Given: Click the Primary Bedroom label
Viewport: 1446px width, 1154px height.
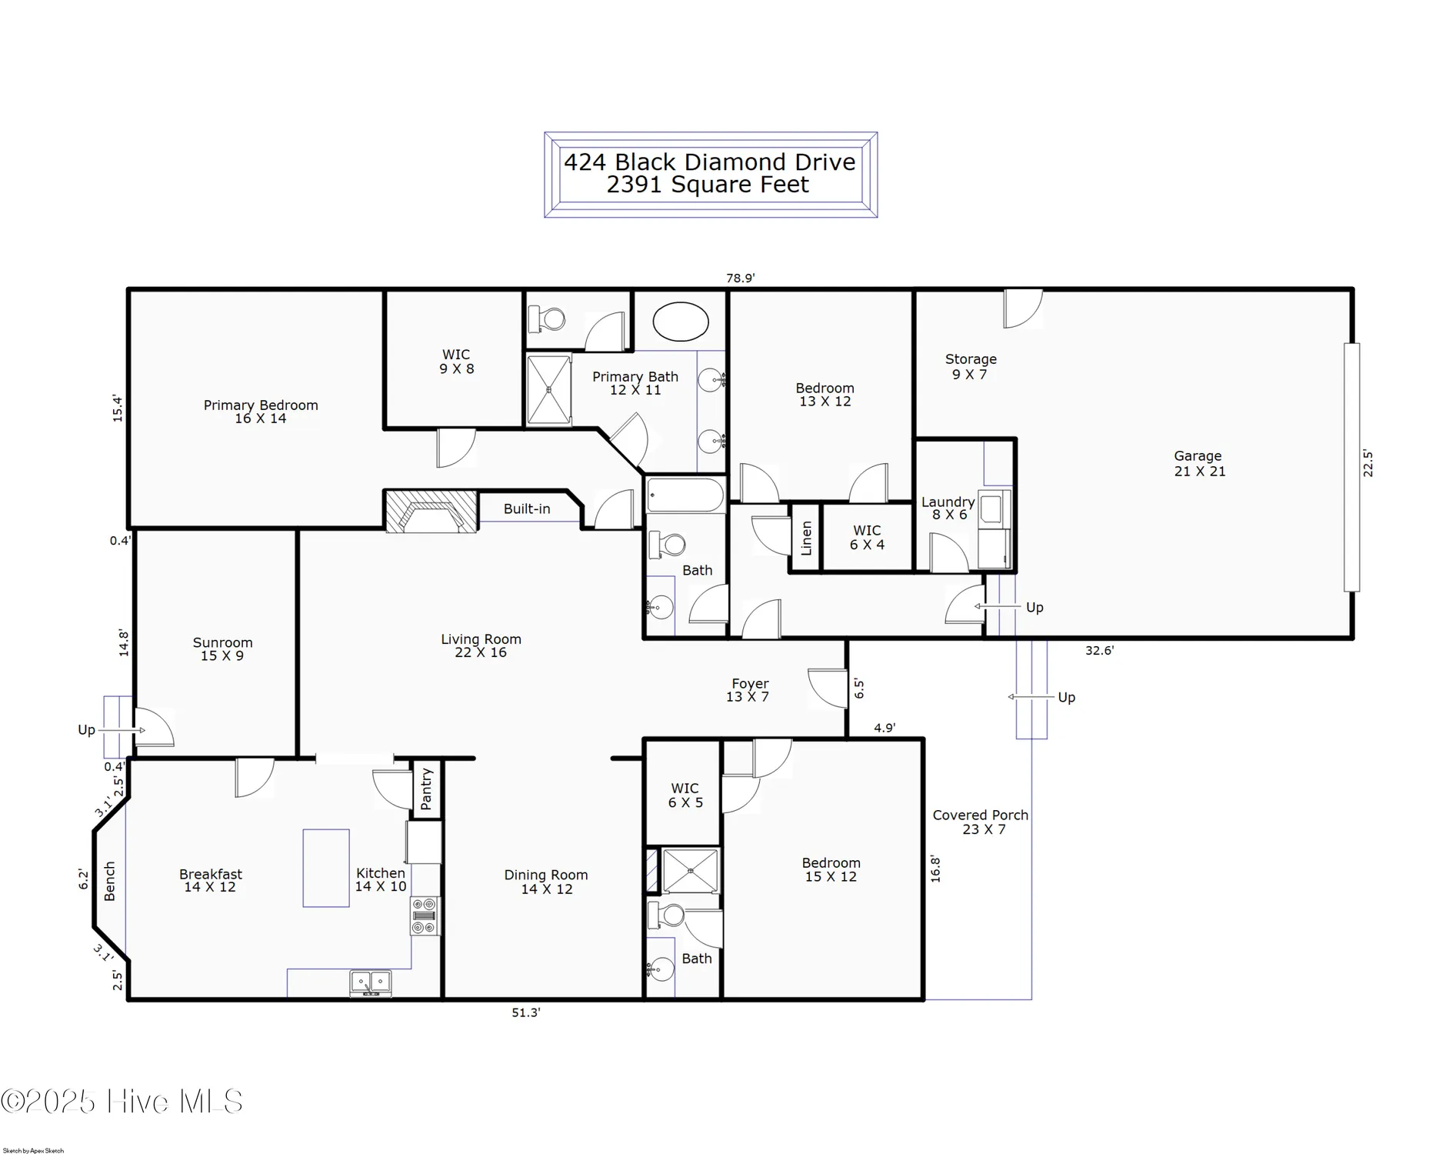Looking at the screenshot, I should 260,412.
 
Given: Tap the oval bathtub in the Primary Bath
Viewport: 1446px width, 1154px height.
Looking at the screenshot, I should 681,322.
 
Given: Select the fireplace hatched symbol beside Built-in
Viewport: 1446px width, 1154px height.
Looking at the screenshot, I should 431,512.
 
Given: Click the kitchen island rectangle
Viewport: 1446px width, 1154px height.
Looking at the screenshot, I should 326,868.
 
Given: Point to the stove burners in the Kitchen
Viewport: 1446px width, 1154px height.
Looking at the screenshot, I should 424,916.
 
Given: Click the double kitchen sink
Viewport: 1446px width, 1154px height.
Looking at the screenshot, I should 371,982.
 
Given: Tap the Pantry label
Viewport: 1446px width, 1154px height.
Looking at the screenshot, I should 426,789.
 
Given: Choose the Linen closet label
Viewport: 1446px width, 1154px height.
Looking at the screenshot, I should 805,538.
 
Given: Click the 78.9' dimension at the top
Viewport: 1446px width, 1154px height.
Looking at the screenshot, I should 740,278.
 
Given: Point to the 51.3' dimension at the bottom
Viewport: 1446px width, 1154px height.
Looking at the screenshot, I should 526,1012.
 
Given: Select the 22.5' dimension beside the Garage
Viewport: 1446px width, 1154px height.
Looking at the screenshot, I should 1368,463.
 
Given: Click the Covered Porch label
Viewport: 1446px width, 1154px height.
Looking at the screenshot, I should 981,822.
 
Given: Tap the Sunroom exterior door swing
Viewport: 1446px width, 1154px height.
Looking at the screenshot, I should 155,728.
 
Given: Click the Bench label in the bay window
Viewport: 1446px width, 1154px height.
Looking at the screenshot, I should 109,881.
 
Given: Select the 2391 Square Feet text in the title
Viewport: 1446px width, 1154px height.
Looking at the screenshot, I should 708,185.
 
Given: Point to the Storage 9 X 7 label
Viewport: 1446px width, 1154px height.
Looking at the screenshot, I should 970,366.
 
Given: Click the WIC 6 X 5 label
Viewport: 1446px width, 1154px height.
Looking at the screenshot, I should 685,795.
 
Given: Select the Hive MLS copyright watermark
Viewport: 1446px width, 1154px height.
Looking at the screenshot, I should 122,1102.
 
